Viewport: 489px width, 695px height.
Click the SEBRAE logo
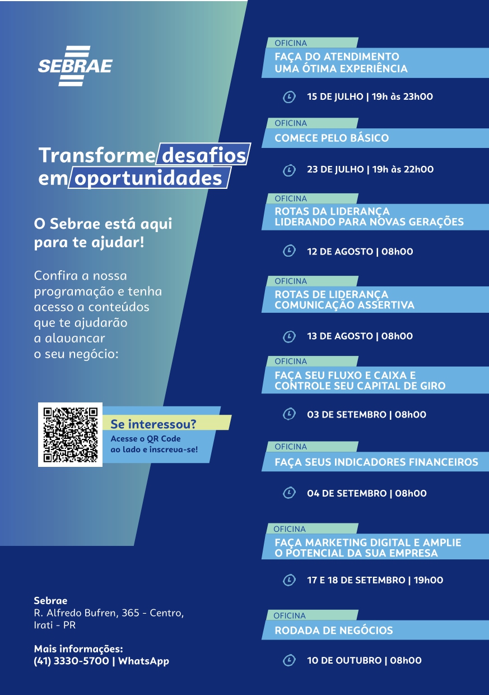click(x=76, y=66)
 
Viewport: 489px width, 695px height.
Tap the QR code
click(x=71, y=434)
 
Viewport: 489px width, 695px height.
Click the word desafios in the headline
click(x=204, y=155)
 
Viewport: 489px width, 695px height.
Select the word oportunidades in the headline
click(x=148, y=178)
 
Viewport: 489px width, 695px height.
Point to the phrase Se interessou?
click(x=153, y=424)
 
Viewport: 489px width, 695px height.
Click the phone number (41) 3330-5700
click(x=71, y=661)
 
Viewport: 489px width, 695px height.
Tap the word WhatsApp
click(x=144, y=661)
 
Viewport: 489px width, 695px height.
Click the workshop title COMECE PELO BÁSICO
click(x=332, y=138)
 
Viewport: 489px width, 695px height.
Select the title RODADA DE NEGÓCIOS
click(x=334, y=630)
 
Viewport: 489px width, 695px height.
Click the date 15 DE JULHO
click(x=335, y=96)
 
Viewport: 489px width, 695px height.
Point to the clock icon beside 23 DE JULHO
click(x=289, y=170)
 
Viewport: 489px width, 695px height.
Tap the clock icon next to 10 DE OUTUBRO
click(x=289, y=660)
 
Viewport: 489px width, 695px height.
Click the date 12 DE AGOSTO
click(x=340, y=251)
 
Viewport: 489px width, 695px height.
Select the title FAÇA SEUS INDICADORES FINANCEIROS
click(x=376, y=462)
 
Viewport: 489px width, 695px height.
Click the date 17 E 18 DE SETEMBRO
click(x=356, y=580)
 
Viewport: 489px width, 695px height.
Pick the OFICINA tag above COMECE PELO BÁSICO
click(x=291, y=123)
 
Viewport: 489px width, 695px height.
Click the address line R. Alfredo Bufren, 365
click(x=86, y=613)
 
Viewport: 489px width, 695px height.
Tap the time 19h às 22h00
click(x=403, y=169)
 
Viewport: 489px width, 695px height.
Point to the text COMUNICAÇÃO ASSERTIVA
click(x=344, y=305)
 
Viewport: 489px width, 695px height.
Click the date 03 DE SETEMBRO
click(x=347, y=415)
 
